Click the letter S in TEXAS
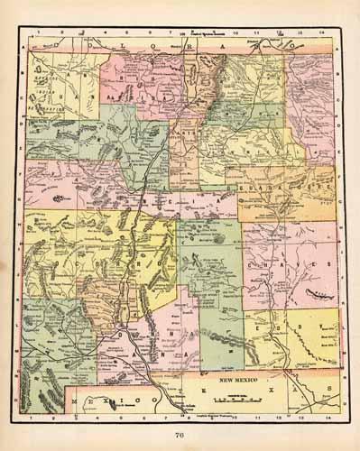328,390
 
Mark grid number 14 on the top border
328,36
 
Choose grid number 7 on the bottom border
168,419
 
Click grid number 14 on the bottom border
328,419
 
